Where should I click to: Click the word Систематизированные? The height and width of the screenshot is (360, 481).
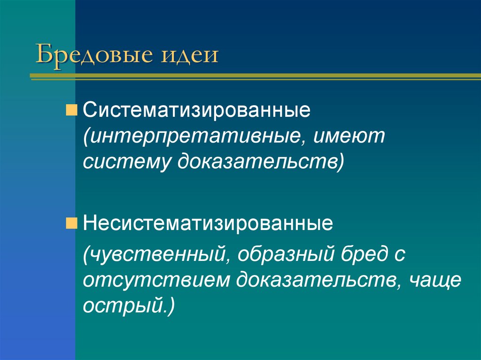tap(196, 111)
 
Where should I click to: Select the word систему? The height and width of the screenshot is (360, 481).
tap(126, 162)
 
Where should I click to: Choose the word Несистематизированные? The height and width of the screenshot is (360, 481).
tap(208, 222)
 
